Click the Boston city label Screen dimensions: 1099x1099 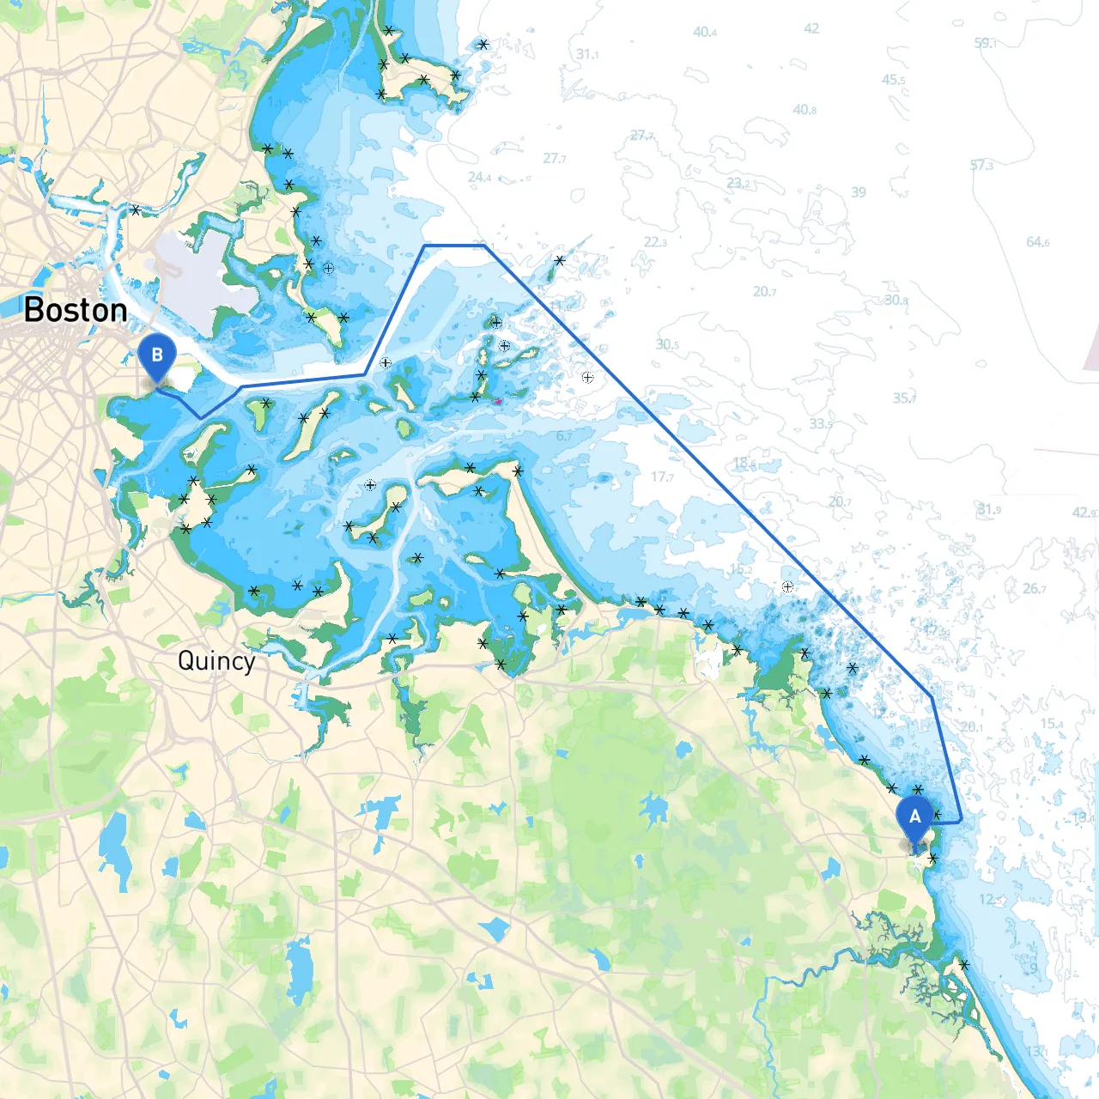[x=76, y=310]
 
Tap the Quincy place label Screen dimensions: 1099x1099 [x=216, y=661]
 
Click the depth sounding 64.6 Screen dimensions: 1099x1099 [x=1037, y=242]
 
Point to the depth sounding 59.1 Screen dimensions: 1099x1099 [x=985, y=43]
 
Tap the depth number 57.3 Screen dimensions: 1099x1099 [x=981, y=165]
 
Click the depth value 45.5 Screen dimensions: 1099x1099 [x=893, y=80]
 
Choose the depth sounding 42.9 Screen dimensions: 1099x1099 [x=1084, y=513]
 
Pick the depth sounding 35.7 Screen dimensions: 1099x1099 [x=904, y=398]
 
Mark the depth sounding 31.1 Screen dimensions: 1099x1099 [x=587, y=54]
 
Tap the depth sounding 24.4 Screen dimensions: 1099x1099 [x=479, y=178]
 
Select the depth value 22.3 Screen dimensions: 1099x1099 [x=655, y=242]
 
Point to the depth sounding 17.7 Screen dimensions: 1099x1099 [x=662, y=477]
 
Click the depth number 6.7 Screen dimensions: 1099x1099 [x=564, y=436]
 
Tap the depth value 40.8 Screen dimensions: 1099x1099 [x=805, y=110]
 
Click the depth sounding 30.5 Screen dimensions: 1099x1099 [x=667, y=344]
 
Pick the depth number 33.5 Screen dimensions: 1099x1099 [x=821, y=423]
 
